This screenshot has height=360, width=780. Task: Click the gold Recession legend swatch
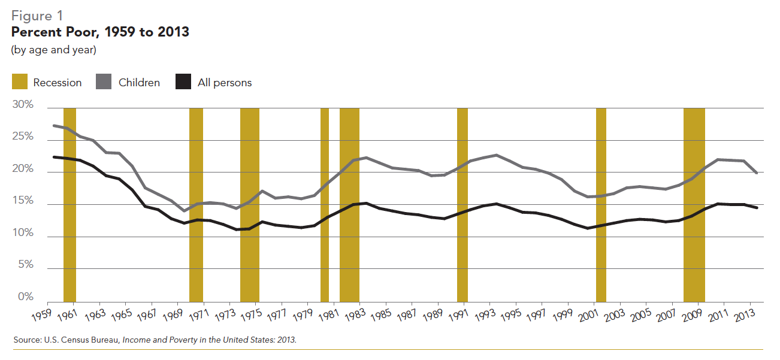(x=19, y=82)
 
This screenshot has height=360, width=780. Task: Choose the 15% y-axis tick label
(x=23, y=201)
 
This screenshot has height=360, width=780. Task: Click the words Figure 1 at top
(x=37, y=16)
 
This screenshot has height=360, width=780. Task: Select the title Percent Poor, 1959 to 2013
(x=100, y=32)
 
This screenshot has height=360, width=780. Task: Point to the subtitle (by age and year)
(x=53, y=50)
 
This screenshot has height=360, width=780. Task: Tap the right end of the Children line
(x=757, y=173)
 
